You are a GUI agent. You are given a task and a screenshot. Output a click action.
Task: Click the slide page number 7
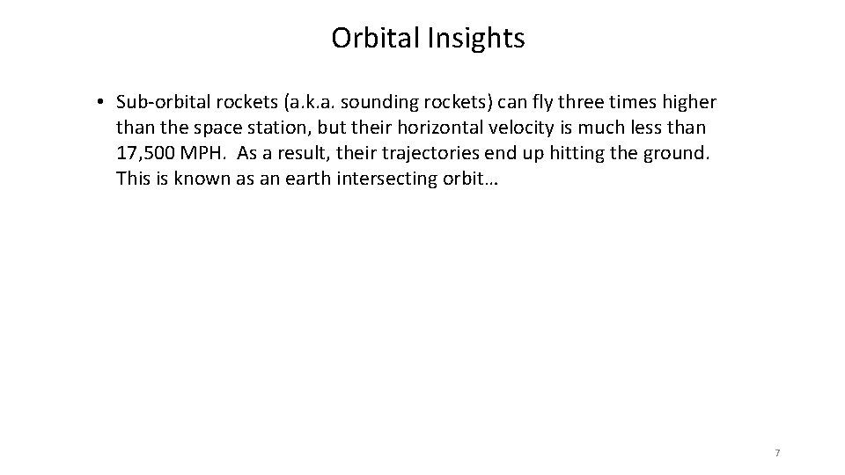[x=777, y=453]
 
